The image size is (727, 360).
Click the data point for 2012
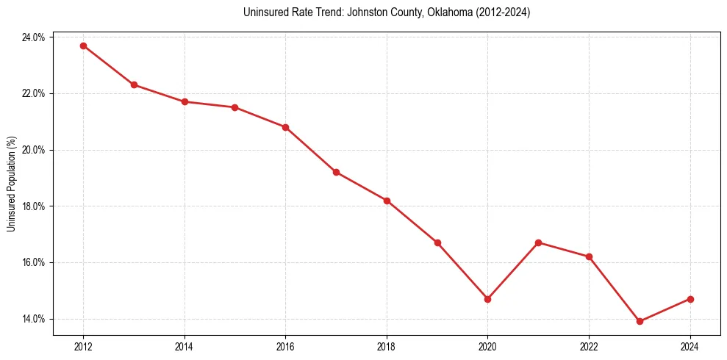click(83, 46)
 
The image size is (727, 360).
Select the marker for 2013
click(134, 84)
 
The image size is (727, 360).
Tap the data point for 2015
click(234, 107)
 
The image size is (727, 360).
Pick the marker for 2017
click(336, 172)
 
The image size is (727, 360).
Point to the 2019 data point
click(437, 242)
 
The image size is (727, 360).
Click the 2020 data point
click(487, 299)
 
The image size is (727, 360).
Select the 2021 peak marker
click(538, 242)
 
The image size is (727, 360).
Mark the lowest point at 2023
click(640, 321)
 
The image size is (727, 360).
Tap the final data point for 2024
click(690, 299)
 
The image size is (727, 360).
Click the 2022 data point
click(589, 256)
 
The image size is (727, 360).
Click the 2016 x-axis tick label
click(285, 346)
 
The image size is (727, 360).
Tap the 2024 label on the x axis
click(690, 346)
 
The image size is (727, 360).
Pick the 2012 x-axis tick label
click(83, 346)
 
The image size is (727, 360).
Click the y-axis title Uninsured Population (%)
click(11, 184)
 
